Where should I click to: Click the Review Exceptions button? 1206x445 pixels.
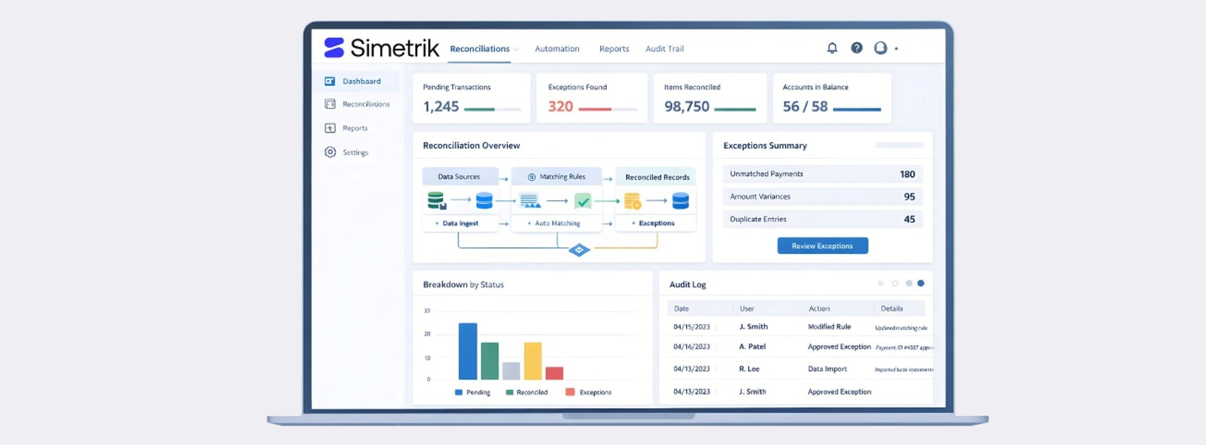tap(822, 246)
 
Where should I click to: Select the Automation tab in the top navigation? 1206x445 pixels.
tap(557, 49)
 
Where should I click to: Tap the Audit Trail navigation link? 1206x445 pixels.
tap(664, 49)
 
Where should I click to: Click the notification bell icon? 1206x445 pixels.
tap(832, 48)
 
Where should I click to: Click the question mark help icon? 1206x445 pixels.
tap(856, 48)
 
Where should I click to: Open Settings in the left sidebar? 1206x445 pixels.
tap(355, 153)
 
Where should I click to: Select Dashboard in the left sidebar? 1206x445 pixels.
tap(361, 82)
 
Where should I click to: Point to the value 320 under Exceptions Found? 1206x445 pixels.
tap(560, 107)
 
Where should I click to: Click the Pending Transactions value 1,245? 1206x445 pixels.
tap(441, 107)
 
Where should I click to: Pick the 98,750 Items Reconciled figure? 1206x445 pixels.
tap(687, 107)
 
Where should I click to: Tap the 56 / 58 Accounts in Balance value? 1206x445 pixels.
tap(805, 107)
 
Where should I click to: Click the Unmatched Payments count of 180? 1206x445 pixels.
tap(907, 174)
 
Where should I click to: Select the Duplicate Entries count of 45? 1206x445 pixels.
tap(909, 219)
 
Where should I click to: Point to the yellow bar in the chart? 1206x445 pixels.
tap(533, 361)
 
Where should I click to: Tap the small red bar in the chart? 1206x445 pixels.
tap(554, 373)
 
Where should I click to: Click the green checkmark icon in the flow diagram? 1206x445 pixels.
tap(583, 201)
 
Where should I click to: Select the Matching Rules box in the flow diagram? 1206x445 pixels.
tap(557, 177)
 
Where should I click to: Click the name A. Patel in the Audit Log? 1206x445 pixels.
tap(752, 347)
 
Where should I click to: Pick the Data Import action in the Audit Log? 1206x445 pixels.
tap(827, 369)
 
